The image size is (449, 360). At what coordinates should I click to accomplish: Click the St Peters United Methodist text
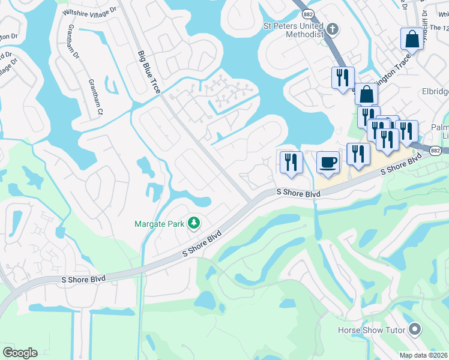coord(294,30)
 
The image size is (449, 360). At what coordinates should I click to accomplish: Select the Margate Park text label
coord(159,224)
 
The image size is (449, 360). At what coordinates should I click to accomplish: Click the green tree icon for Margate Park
coord(193,224)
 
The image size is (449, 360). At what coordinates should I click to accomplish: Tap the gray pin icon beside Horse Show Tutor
coord(414,329)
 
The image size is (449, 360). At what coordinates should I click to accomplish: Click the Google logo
coord(20,353)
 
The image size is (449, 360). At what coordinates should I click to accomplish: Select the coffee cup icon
coord(328,162)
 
